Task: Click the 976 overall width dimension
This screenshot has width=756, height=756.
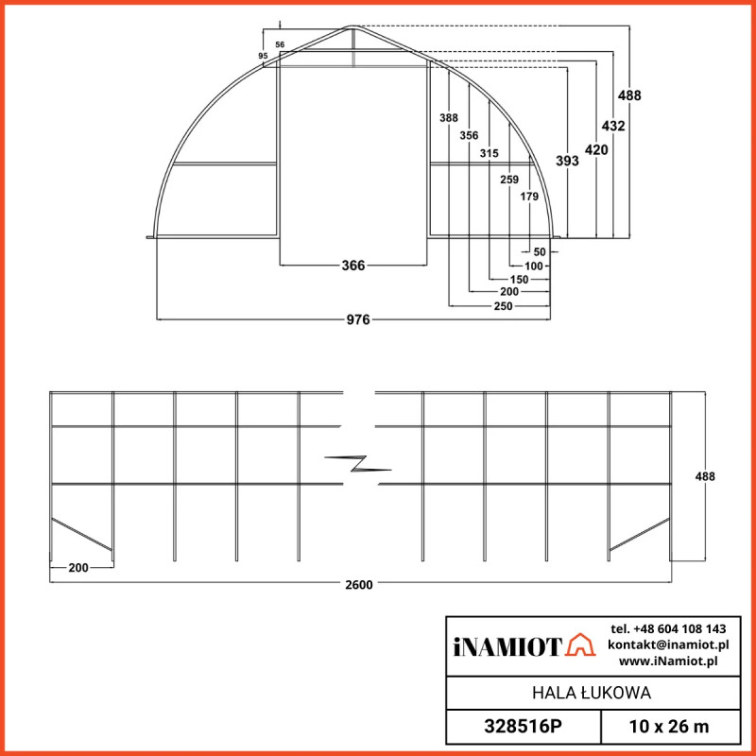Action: pos(357,319)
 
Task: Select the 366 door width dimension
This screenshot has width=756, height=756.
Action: pos(352,266)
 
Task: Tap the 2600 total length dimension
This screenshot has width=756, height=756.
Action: pos(359,584)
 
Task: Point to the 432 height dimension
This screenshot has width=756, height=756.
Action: pos(613,126)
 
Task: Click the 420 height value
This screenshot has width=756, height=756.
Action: pos(595,149)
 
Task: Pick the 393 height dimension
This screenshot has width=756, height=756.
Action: pos(567,162)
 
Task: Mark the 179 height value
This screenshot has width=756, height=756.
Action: pos(529,197)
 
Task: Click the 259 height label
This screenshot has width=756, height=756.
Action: pos(509,179)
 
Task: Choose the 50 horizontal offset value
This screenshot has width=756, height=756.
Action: pos(540,252)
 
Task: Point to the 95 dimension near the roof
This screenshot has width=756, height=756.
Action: pos(263,57)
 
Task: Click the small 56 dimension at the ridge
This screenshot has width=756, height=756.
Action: pos(280,44)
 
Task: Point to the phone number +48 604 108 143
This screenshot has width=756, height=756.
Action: pos(668,628)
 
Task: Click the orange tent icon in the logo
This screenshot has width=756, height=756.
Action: pos(581,645)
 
